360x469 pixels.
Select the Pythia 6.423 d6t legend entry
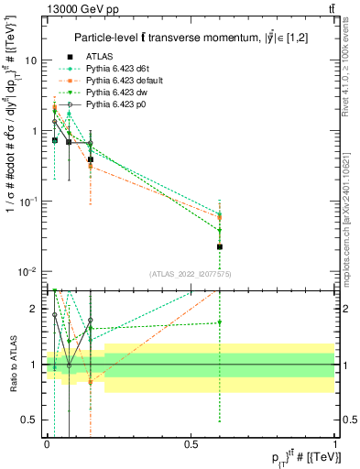click(x=119, y=68)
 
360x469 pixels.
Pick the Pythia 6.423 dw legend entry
click(x=118, y=93)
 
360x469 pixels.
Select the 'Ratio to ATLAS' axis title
click(x=11, y=365)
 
